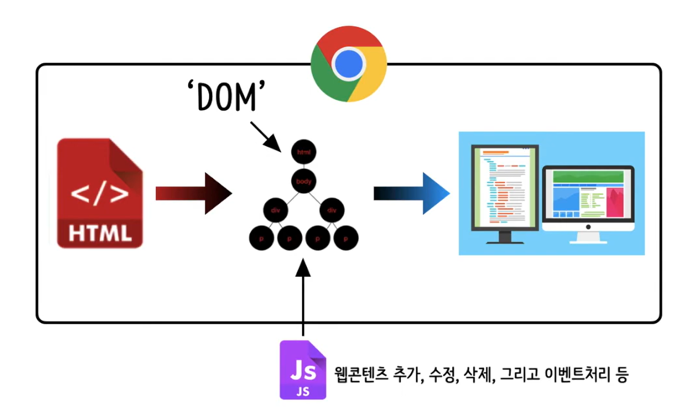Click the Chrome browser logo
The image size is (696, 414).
348,64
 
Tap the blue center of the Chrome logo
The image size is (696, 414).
348,64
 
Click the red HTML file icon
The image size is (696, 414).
100,193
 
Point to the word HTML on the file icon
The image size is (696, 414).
100,233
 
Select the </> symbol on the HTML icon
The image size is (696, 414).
100,193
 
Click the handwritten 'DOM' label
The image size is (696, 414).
226,96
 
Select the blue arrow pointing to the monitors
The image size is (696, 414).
411,193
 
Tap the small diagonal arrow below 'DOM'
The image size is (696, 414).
266,137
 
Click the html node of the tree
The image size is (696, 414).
303,152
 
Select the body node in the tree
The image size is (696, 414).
303,181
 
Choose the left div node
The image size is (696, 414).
275,210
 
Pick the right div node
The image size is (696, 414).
332,210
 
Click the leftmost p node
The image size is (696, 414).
261,239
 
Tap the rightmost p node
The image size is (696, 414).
346,239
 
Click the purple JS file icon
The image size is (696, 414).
303,370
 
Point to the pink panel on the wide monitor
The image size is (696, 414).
615,202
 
